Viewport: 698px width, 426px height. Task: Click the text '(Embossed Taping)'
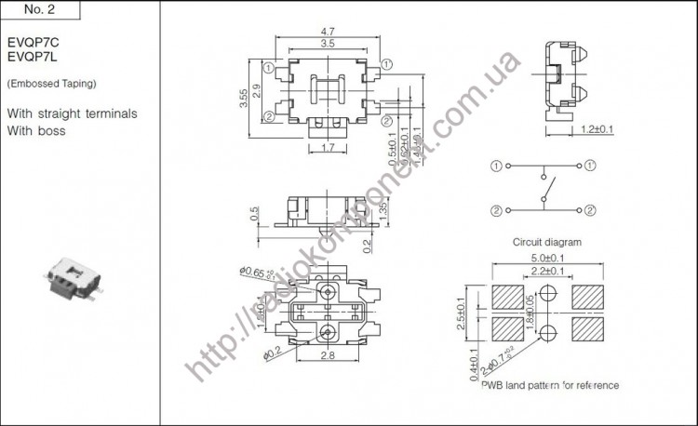(x=51, y=84)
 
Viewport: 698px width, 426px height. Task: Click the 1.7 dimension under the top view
(x=327, y=148)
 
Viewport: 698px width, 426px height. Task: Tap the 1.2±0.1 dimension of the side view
(x=596, y=129)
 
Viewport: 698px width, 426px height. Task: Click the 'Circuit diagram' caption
(x=546, y=242)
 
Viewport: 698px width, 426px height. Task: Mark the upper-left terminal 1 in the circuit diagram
(x=496, y=166)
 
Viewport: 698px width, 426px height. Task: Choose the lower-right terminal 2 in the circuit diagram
(x=591, y=209)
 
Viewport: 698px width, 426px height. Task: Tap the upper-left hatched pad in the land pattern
(x=508, y=297)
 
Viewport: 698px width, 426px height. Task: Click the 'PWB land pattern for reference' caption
(x=549, y=384)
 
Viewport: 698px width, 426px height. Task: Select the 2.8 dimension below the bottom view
(x=327, y=355)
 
